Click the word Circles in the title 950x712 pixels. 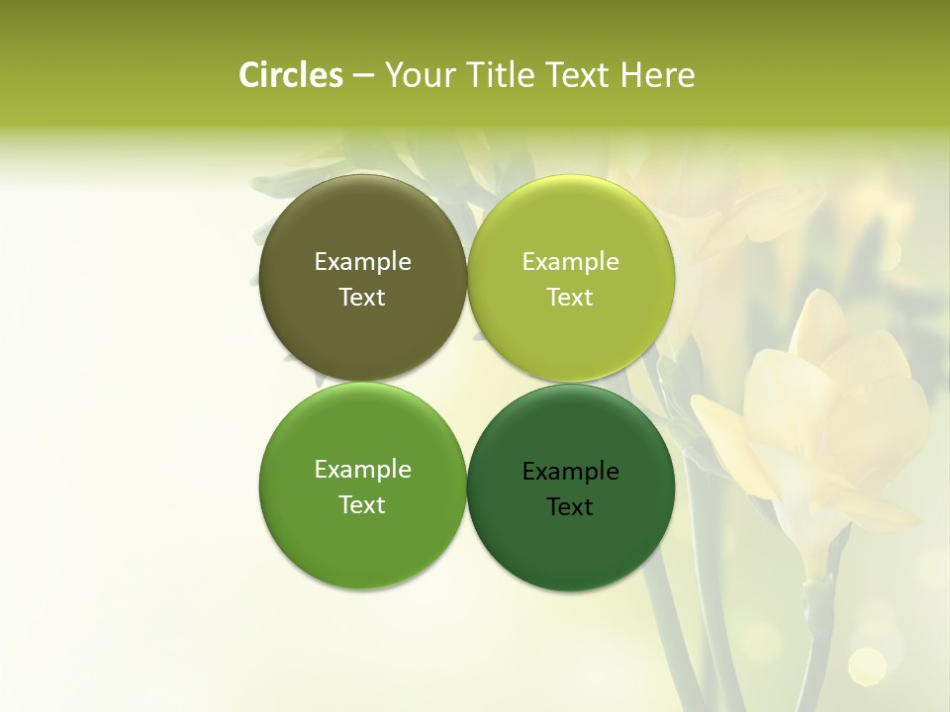(x=290, y=75)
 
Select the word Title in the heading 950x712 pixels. (x=498, y=75)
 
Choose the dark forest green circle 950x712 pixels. (x=570, y=544)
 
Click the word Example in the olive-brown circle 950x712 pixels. (x=362, y=262)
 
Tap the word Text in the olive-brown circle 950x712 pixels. (x=362, y=298)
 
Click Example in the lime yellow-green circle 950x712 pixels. (x=570, y=262)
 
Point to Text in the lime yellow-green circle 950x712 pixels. (x=570, y=298)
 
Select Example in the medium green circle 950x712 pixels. (x=362, y=470)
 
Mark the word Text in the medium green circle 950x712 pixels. (x=362, y=505)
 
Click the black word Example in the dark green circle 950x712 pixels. (x=570, y=472)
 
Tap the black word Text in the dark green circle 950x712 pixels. (x=570, y=507)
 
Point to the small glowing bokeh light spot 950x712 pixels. (x=867, y=666)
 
